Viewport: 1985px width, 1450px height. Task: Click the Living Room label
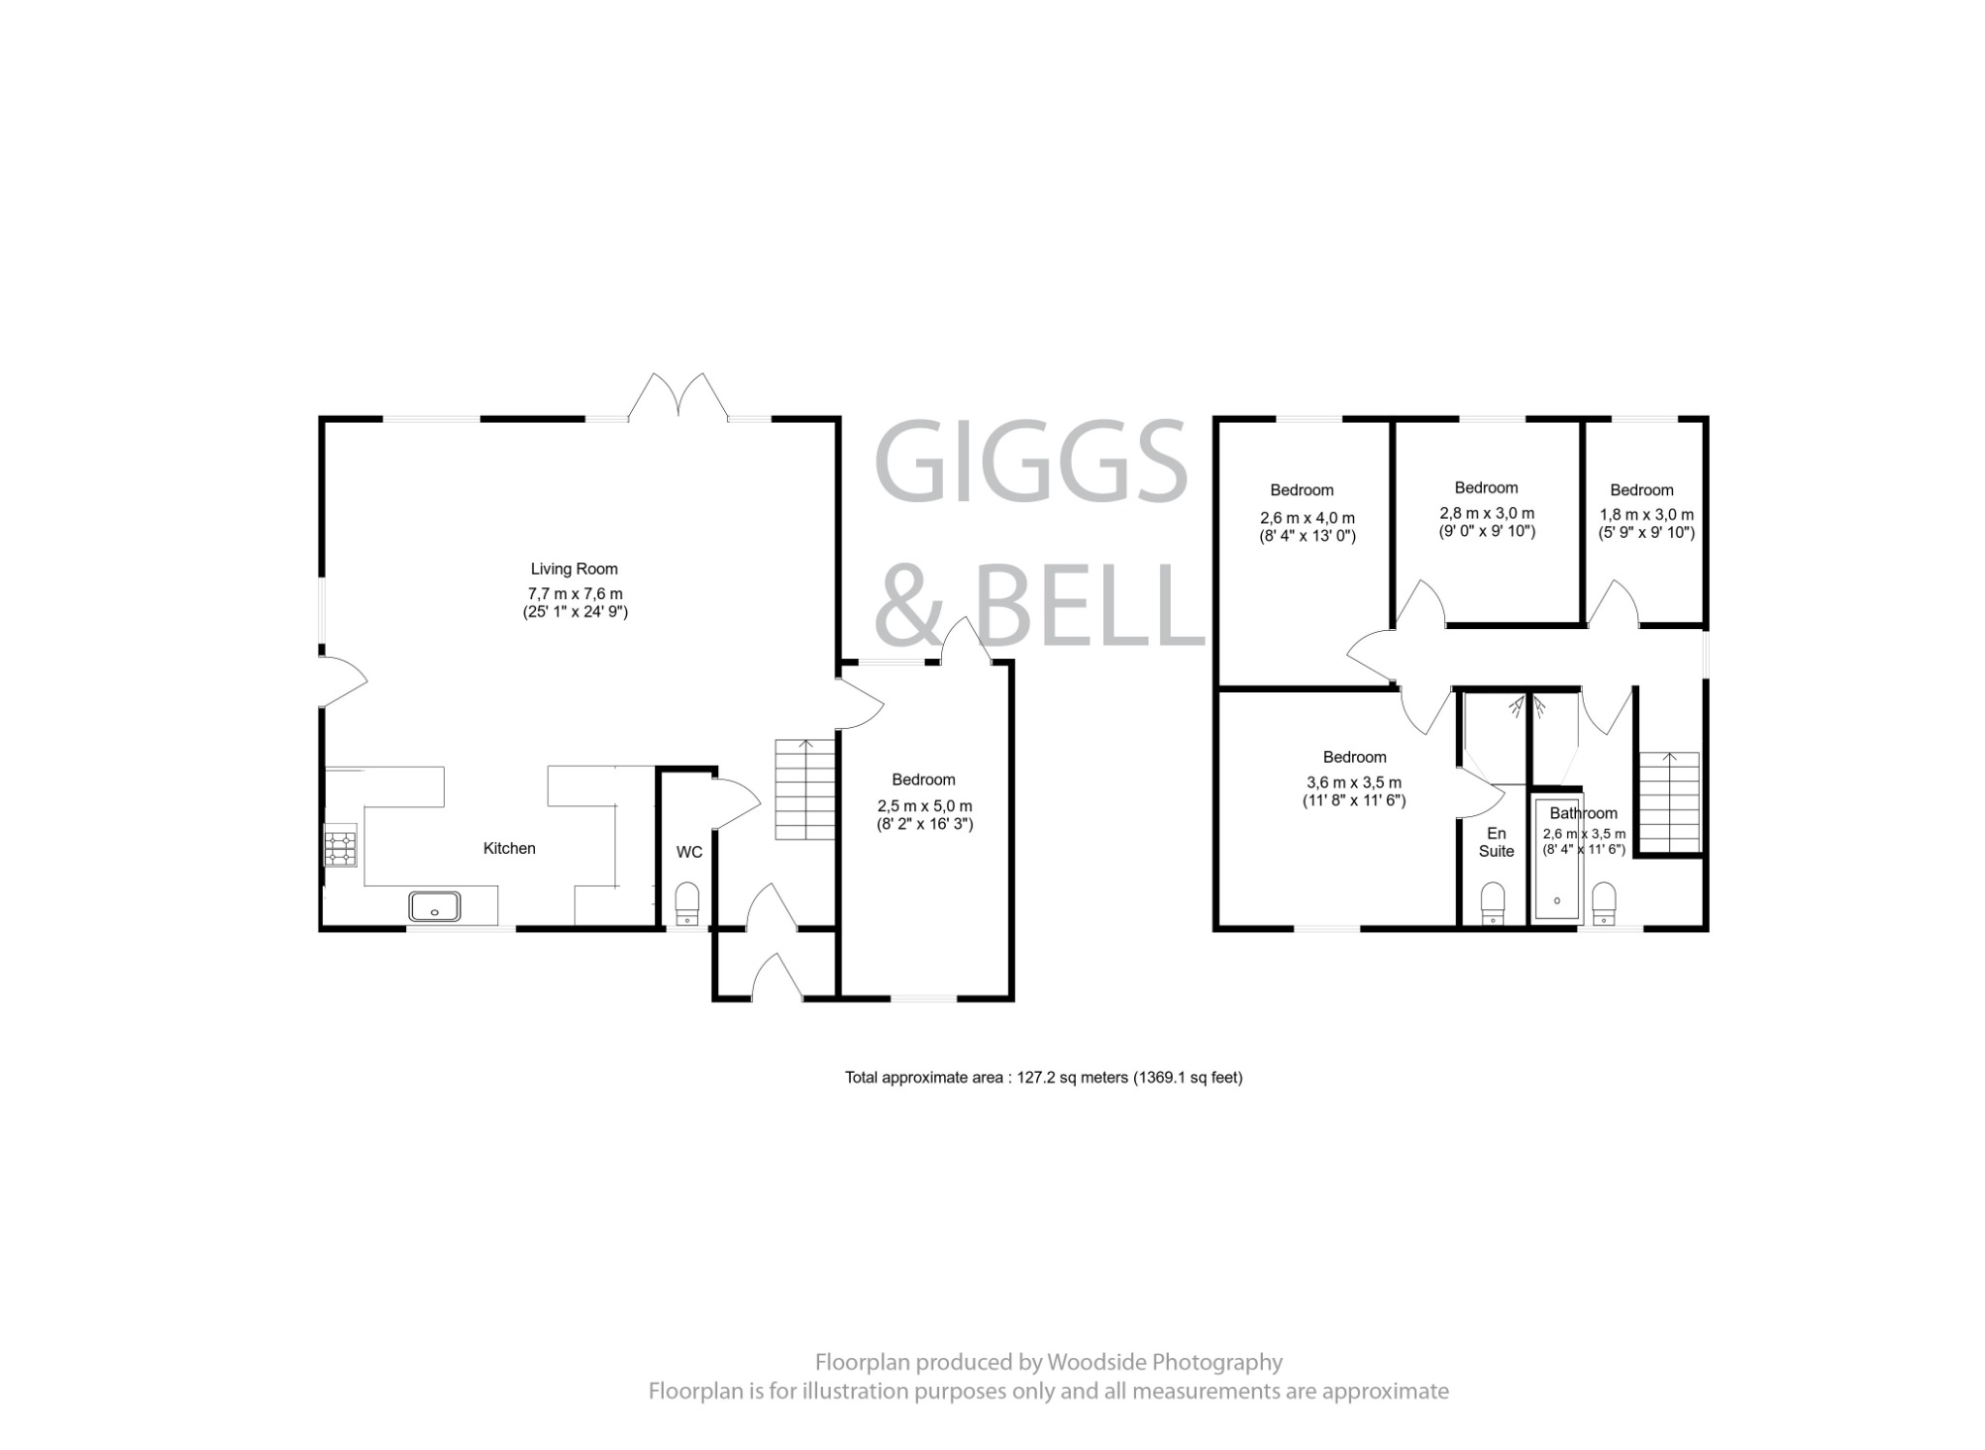(x=574, y=569)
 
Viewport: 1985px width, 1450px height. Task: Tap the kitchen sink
(x=435, y=906)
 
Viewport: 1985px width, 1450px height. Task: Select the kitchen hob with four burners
(x=340, y=848)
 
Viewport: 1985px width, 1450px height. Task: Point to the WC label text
(x=689, y=853)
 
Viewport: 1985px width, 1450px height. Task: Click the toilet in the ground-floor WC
(x=687, y=901)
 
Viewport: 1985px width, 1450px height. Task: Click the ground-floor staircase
(x=804, y=790)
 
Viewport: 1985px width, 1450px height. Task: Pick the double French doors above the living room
(x=678, y=397)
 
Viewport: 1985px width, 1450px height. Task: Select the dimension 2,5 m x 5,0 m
(x=925, y=806)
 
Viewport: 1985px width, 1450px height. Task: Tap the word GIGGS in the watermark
(x=1031, y=462)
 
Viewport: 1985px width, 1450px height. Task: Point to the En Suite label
(x=1497, y=842)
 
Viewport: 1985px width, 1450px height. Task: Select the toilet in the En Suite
(x=1493, y=901)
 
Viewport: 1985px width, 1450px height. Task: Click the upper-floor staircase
(x=1668, y=803)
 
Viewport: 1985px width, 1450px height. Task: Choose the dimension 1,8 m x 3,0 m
(x=1647, y=515)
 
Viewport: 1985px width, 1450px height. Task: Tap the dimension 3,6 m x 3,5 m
(x=1354, y=783)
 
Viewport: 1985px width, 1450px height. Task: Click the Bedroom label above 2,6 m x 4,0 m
(x=1302, y=490)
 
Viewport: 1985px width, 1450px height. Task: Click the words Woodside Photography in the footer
(x=1164, y=1362)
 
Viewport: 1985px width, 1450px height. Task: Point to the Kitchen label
(x=509, y=848)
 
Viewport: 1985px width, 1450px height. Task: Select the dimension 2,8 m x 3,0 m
(x=1487, y=513)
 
